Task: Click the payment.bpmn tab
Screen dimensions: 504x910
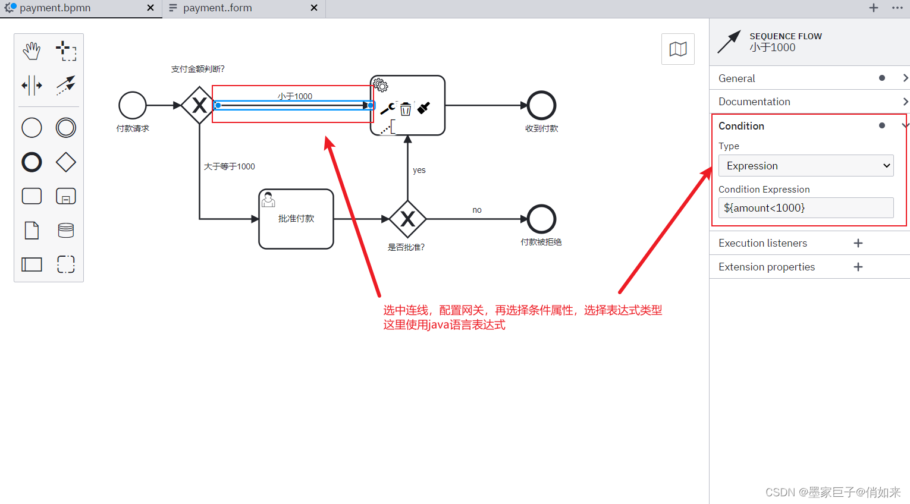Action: click(55, 8)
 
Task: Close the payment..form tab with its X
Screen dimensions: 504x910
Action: click(314, 8)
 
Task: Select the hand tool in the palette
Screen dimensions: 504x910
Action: click(32, 51)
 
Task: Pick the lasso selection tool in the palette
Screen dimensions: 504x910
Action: click(66, 51)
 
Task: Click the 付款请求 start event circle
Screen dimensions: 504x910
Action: click(133, 105)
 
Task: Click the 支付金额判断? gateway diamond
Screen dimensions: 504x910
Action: click(199, 105)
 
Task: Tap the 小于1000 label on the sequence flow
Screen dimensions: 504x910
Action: click(295, 96)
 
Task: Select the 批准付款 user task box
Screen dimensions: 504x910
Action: click(296, 219)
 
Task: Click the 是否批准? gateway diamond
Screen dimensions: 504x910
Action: click(407, 219)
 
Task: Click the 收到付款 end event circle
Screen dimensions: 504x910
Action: click(541, 105)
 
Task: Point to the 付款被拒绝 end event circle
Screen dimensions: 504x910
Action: click(541, 219)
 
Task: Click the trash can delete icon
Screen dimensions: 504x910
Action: click(406, 109)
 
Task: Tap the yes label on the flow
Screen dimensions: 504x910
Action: click(419, 170)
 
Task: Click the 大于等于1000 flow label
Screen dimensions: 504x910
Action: click(230, 166)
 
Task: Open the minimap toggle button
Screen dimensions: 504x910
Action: click(678, 49)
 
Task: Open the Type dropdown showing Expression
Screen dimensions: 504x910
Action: click(806, 166)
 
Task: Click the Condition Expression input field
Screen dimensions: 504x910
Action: click(806, 208)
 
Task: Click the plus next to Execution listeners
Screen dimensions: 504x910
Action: click(858, 243)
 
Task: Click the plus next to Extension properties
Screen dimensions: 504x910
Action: click(858, 267)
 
